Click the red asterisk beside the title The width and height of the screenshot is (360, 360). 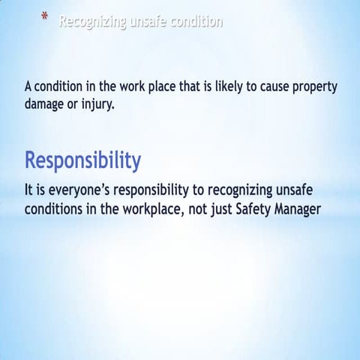coord(45,16)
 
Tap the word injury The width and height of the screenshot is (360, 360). coord(97,104)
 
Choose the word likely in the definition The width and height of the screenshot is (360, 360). coord(222,87)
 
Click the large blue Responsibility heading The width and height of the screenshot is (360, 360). coord(82,160)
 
